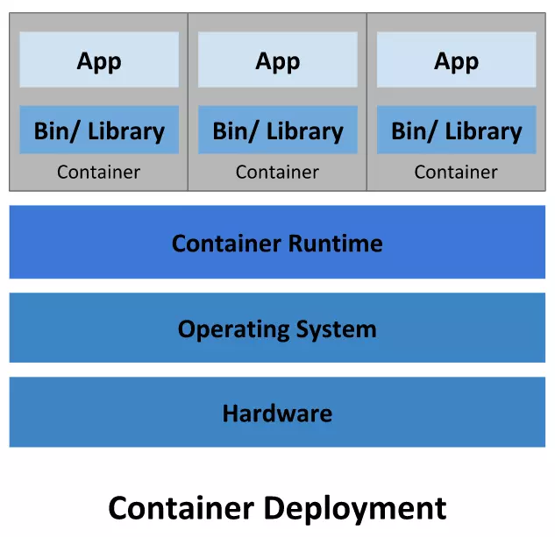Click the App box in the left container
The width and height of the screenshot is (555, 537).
click(99, 60)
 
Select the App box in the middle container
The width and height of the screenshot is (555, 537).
click(277, 60)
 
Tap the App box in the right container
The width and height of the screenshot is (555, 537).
click(456, 60)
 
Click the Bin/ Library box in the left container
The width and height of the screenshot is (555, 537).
click(99, 131)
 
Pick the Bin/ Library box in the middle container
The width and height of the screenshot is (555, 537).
click(277, 131)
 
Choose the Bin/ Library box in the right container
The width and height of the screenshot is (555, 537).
click(456, 131)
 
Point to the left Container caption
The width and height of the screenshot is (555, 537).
click(98, 172)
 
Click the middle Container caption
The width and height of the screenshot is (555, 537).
click(277, 172)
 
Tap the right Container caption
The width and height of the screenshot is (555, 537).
click(456, 172)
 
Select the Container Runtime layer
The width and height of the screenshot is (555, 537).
click(277, 243)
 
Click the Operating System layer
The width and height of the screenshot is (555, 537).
click(277, 329)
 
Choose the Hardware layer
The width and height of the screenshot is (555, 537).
click(277, 413)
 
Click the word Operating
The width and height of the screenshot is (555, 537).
click(234, 329)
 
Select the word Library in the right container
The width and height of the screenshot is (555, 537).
click(482, 131)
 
